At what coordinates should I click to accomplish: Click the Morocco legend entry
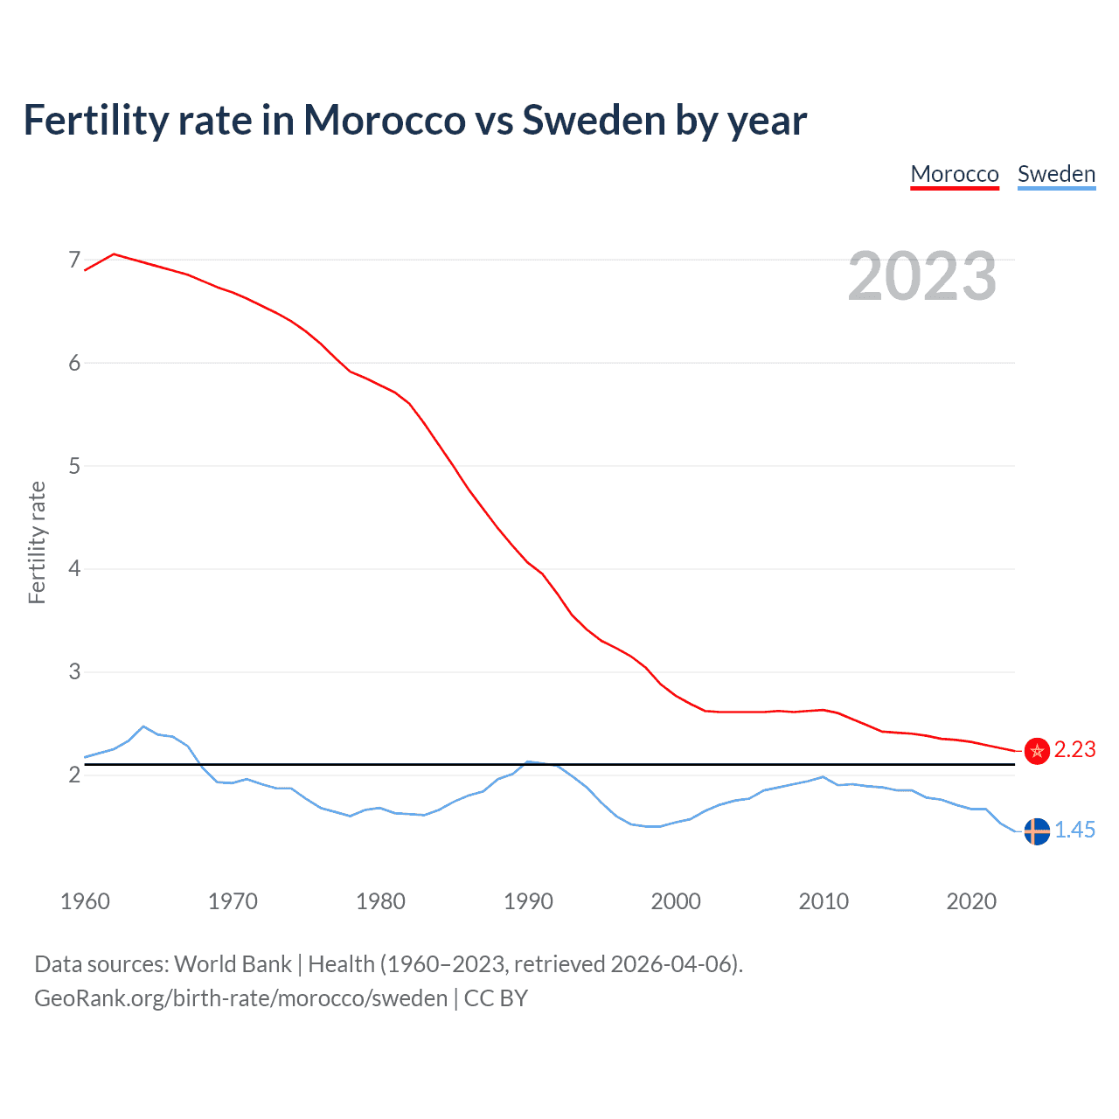[954, 174]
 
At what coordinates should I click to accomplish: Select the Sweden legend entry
[1056, 174]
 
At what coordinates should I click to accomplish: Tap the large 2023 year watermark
[922, 276]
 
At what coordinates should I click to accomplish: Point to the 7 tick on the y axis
[74, 260]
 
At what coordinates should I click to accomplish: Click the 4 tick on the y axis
[74, 569]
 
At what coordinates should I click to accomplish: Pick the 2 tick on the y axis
[74, 775]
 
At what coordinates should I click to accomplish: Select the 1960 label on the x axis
[85, 901]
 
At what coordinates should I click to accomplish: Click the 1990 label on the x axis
[528, 901]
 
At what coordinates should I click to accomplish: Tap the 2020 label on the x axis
[971, 901]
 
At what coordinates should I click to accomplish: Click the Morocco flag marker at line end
[1037, 751]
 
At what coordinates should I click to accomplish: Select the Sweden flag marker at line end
[1037, 831]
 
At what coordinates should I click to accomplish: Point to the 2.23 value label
[1074, 750]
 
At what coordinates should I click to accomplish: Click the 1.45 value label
[1074, 831]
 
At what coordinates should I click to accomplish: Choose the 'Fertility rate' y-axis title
[37, 542]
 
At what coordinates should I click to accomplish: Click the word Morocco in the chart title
[385, 121]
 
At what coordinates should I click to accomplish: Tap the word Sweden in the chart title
[594, 121]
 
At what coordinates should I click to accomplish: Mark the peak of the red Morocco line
[115, 254]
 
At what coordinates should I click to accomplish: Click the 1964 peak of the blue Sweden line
[143, 726]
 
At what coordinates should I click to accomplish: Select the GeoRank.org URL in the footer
[240, 998]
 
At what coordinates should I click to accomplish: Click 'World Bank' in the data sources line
[233, 964]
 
